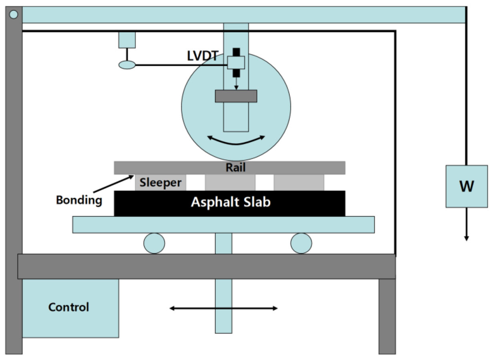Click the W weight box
coord(467,186)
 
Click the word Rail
coord(235,168)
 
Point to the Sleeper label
coord(160,183)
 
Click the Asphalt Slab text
coord(230,202)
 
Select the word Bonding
coord(79,200)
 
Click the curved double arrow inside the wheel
coord(236,140)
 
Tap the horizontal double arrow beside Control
coord(223,308)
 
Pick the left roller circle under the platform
coord(154,243)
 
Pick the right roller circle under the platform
coord(301,243)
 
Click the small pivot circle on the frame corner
coord(14,14)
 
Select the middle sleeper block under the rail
coord(230,182)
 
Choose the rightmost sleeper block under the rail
coord(299,182)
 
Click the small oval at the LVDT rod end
coord(127,64)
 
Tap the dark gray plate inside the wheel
coord(236,96)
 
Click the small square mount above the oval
coord(127,40)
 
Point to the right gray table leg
coord(387,316)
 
